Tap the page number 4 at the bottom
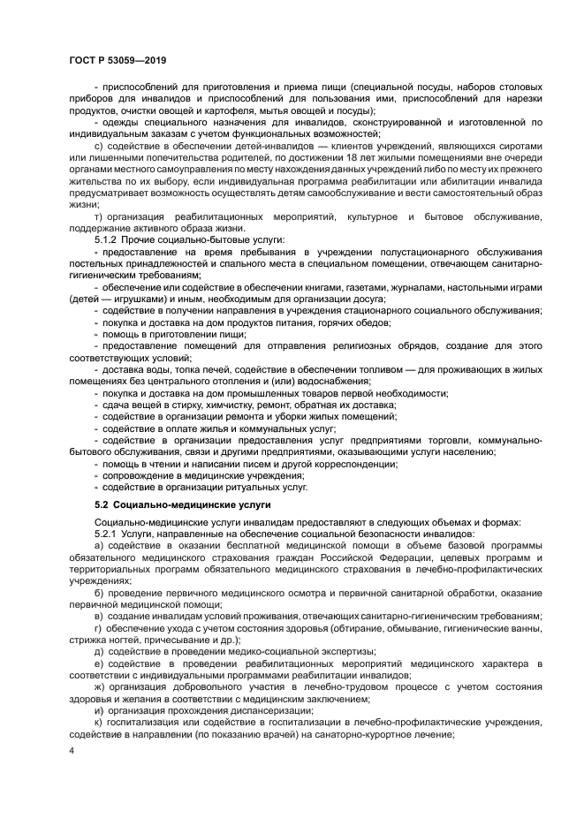point(72,752)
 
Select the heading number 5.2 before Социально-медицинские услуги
point(104,504)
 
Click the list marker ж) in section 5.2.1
point(99,684)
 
